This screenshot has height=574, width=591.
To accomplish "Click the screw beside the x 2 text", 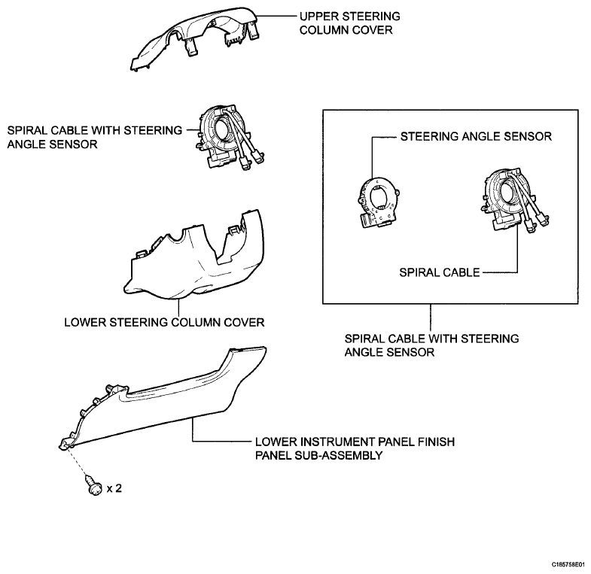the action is click(x=93, y=485).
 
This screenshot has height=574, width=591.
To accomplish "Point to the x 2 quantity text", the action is click(x=114, y=488).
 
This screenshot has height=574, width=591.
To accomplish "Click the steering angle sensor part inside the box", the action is click(x=378, y=202).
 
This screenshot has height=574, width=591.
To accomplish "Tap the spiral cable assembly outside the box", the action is click(x=229, y=138).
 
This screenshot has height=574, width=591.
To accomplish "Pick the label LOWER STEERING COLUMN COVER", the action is click(x=164, y=323).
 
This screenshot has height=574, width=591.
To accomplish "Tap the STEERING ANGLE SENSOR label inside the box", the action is click(x=476, y=136).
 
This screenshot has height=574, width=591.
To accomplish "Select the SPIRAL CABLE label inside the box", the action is click(x=440, y=272).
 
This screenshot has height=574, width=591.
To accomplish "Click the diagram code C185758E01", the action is click(x=568, y=565).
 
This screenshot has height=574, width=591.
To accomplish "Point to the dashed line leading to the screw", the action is click(x=78, y=462).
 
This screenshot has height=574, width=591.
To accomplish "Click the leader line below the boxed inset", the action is click(x=431, y=318).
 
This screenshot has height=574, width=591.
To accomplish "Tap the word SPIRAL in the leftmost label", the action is click(x=27, y=130).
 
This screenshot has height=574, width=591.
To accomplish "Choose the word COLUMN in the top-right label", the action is click(x=322, y=30).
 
